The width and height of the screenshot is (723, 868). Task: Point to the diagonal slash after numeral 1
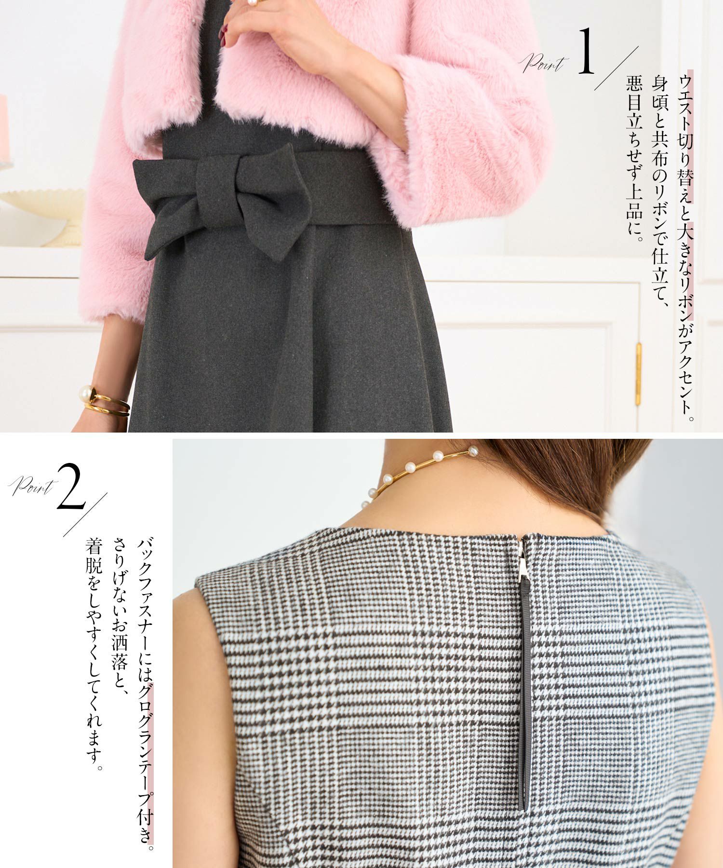click(x=616, y=68)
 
